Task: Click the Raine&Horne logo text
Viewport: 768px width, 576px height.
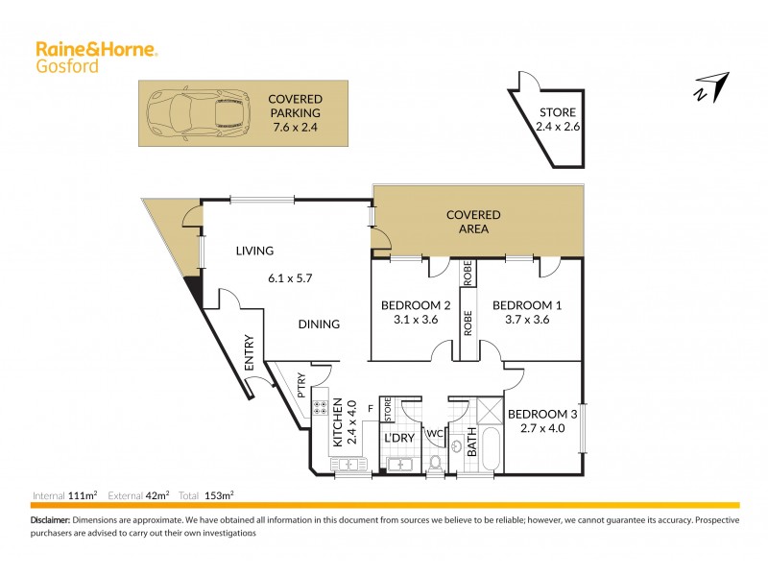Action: (96, 48)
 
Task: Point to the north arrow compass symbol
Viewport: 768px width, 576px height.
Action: (711, 85)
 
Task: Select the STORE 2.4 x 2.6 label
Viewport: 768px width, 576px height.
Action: (559, 119)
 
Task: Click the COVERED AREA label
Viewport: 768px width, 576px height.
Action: (473, 222)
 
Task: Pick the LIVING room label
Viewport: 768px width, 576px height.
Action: (255, 251)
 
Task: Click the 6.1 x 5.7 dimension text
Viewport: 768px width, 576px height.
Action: (291, 278)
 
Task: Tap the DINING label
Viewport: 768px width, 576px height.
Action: (318, 324)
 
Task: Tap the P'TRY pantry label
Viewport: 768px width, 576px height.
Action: (300, 386)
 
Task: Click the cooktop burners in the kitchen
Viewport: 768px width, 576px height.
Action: (321, 410)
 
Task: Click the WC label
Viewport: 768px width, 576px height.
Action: (435, 433)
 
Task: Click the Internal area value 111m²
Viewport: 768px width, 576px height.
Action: (84, 495)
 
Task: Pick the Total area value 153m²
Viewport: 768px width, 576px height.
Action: (220, 495)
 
